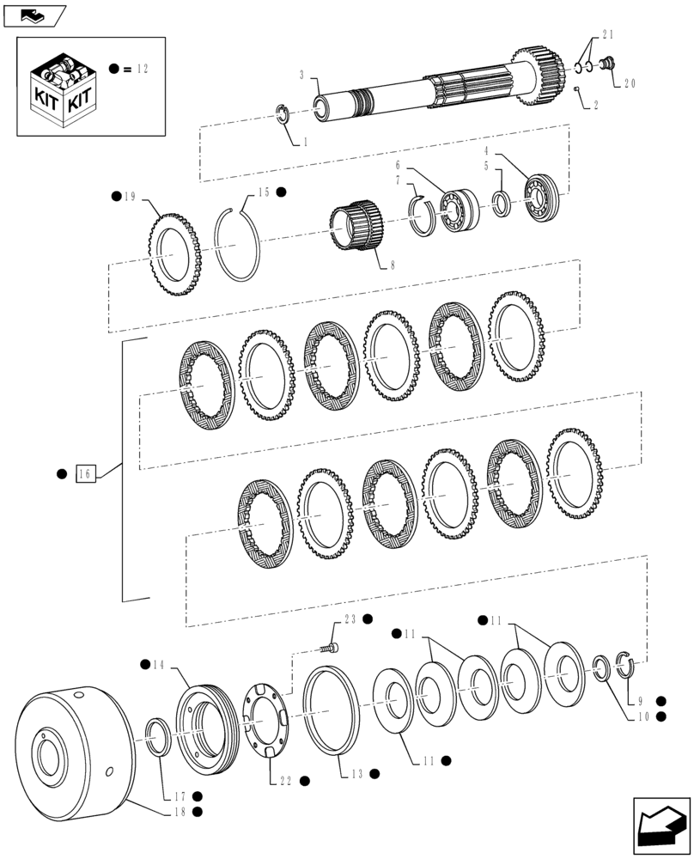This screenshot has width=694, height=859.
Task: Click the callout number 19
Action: pos(130,197)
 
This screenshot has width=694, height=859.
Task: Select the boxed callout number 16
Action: pos(85,472)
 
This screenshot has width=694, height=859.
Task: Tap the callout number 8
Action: pos(392,266)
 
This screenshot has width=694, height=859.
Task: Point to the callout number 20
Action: pos(630,84)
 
